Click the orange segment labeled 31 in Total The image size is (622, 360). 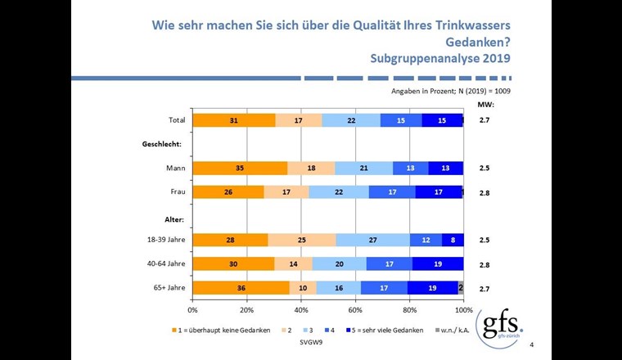coord(233,120)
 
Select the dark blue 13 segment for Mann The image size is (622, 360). coord(445,168)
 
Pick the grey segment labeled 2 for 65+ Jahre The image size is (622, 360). coord(461,288)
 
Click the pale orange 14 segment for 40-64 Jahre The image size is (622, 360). coord(293,263)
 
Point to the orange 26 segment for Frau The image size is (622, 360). coord(228,191)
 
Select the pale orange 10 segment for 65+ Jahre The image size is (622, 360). coord(303,288)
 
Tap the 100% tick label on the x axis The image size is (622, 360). coord(463,310)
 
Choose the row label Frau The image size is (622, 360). coord(175,191)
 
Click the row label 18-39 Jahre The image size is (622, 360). coord(165,240)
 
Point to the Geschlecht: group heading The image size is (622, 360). coord(164,144)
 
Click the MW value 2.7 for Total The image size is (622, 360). coord(485,120)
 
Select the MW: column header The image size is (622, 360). coord(485,105)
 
